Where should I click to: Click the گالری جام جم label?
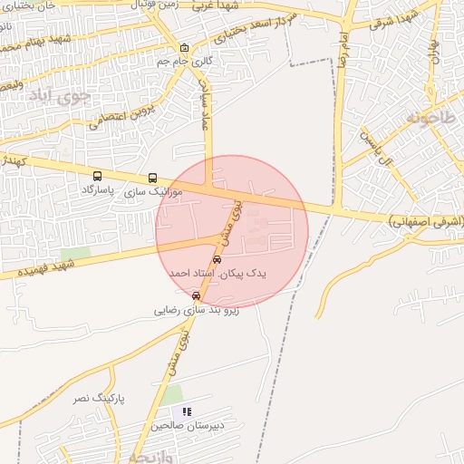coord(184,61)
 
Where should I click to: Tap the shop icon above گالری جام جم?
coord(184,49)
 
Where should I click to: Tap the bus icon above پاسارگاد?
coord(97,176)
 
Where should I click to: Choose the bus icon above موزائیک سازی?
coord(152,179)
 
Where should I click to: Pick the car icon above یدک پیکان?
coord(217,259)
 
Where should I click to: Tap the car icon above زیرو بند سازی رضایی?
coord(197,295)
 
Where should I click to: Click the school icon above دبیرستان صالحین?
coord(188,411)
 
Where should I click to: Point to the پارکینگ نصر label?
coord(99,398)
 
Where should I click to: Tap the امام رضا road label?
coord(344,54)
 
